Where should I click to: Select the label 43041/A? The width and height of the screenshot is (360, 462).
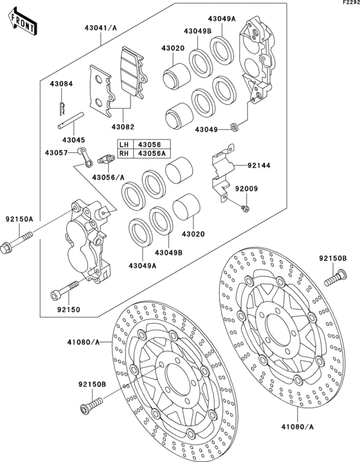(x=100, y=28)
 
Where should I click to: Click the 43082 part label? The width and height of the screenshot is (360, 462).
(x=123, y=129)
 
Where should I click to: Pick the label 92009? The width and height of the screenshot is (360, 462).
(x=262, y=189)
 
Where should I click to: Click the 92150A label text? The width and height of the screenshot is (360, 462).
(x=19, y=219)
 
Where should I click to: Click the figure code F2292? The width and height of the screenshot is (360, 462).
(x=348, y=4)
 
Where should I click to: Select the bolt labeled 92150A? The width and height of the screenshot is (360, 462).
(x=19, y=245)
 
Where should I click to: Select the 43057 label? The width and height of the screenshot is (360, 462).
(x=56, y=152)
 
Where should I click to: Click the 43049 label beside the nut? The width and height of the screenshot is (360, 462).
(x=206, y=130)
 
